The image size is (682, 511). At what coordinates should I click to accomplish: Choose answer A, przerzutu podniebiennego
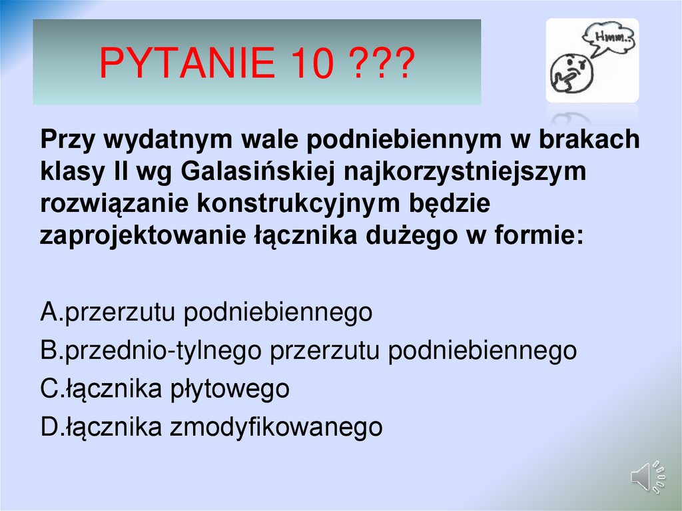[x=206, y=312]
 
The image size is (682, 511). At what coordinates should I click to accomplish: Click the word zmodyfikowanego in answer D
[x=276, y=427]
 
